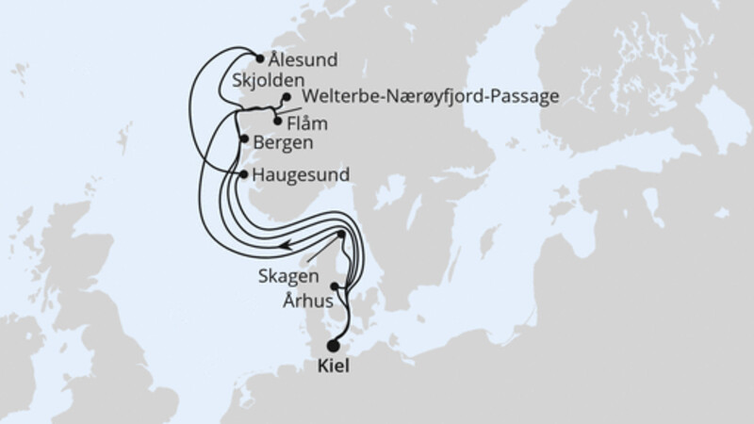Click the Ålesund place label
click(x=303, y=58)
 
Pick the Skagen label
click(x=281, y=280)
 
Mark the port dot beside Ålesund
click(x=260, y=57)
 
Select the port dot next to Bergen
click(x=244, y=140)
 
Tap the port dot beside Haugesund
click(x=243, y=174)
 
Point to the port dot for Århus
click(x=334, y=285)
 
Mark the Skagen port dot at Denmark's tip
click(x=341, y=234)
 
